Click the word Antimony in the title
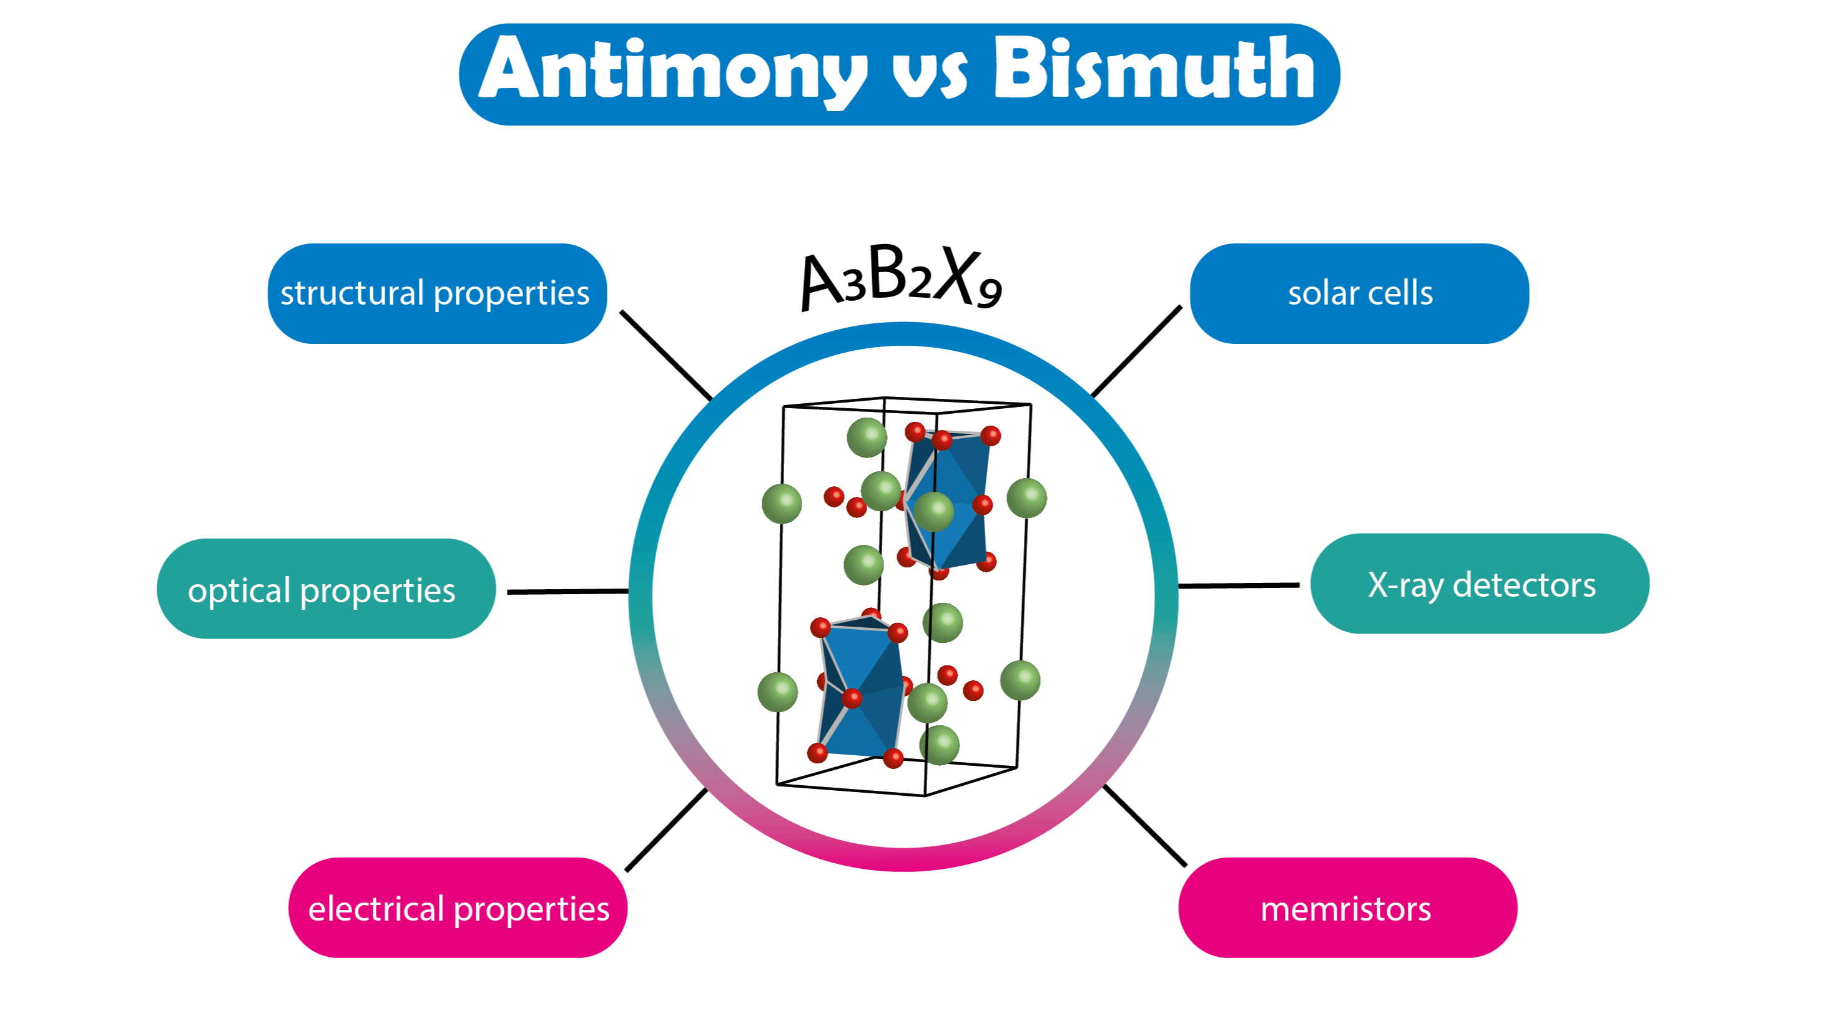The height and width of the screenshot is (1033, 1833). click(672, 71)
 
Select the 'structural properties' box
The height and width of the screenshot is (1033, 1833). click(436, 294)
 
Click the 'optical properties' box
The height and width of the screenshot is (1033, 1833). click(326, 589)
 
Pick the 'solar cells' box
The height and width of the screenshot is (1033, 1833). click(1359, 294)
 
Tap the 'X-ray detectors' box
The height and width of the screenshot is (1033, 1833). click(1480, 584)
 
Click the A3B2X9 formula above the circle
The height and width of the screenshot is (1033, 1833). click(901, 278)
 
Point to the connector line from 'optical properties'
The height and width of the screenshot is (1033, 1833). click(567, 591)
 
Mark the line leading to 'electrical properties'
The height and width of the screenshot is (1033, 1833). click(666, 830)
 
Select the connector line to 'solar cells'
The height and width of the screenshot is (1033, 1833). click(1136, 351)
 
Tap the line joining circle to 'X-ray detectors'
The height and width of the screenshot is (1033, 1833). click(1238, 585)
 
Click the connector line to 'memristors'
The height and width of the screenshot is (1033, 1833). click(1145, 826)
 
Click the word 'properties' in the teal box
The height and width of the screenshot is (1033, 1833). click(378, 591)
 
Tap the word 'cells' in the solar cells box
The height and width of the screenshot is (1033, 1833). click(1401, 294)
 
